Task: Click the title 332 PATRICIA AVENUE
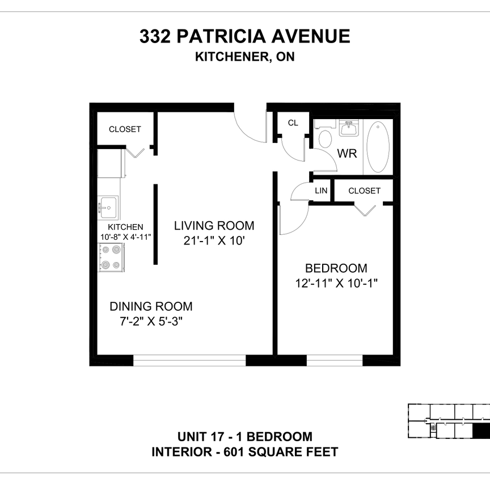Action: tap(244, 37)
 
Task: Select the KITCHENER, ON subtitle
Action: tap(244, 57)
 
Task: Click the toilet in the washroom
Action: tap(326, 138)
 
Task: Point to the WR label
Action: tap(347, 154)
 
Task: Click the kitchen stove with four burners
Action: tap(111, 257)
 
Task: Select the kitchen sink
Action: tap(108, 208)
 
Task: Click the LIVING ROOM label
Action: tap(214, 225)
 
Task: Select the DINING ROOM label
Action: tap(151, 307)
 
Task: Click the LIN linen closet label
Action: tap(321, 191)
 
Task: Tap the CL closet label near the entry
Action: tap(293, 122)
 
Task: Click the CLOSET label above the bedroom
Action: tap(364, 191)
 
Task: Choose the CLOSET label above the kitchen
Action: tap(125, 129)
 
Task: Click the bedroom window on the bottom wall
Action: tap(335, 360)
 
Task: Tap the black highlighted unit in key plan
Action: tap(480, 432)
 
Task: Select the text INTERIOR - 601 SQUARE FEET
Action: tap(244, 452)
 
